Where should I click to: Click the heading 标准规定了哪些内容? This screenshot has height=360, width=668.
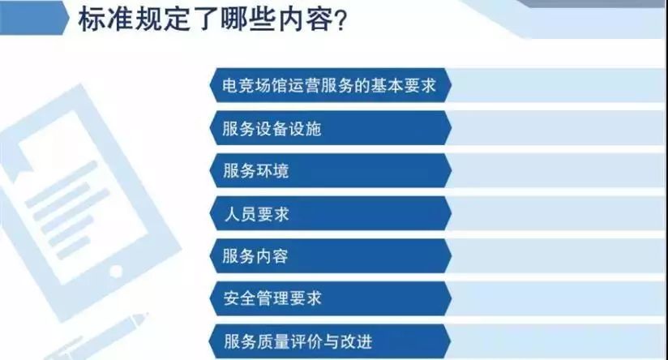pyautogui.click(x=212, y=19)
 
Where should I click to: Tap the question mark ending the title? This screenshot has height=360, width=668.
pyautogui.click(x=340, y=20)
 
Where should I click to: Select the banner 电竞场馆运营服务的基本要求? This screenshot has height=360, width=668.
pyautogui.click(x=330, y=85)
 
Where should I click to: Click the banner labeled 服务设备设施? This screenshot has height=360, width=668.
pyautogui.click(x=330, y=128)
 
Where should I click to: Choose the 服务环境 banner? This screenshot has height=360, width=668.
pyautogui.click(x=330, y=170)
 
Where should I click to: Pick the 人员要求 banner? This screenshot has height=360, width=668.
pyautogui.click(x=330, y=213)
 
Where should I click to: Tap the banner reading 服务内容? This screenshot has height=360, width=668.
pyautogui.click(x=330, y=255)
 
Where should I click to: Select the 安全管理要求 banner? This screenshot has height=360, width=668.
pyautogui.click(x=330, y=298)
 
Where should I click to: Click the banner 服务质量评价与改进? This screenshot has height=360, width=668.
pyautogui.click(x=330, y=341)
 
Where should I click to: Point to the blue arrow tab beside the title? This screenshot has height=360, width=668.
pyautogui.click(x=34, y=18)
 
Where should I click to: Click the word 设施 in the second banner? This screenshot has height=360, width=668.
pyautogui.click(x=305, y=128)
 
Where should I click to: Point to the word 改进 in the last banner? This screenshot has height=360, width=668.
pyautogui.click(x=356, y=341)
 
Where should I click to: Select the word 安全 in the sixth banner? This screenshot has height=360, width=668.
pyautogui.click(x=239, y=298)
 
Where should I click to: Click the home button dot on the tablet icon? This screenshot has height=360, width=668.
pyautogui.click(x=116, y=270)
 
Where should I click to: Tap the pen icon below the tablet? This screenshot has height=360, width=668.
pyautogui.click(x=98, y=336)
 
